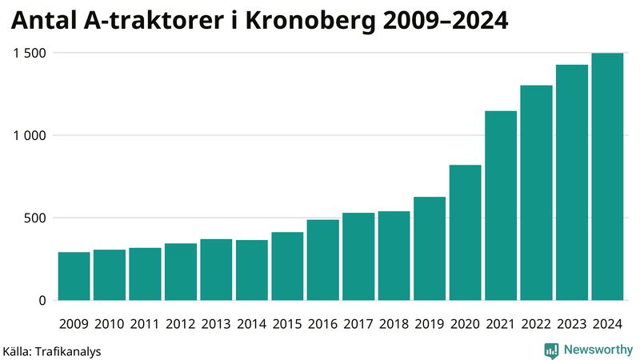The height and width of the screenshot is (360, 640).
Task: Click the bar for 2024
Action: coord(607,177)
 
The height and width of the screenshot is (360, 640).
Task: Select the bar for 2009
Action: coord(74,276)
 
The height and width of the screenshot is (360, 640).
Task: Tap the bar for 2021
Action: coord(501,206)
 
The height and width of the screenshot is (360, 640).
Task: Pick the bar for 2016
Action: coord(322,260)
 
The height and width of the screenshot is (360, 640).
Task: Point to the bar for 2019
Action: coord(430,249)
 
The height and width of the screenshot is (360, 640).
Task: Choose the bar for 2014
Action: coord(251,270)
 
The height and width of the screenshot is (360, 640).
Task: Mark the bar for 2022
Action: coord(536,193)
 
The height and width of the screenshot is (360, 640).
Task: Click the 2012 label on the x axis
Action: coord(180,324)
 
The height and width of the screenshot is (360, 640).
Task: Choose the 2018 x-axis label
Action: coord(394,324)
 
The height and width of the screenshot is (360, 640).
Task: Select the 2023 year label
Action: coord(572,324)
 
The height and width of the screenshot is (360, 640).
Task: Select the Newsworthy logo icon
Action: coord(551,350)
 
